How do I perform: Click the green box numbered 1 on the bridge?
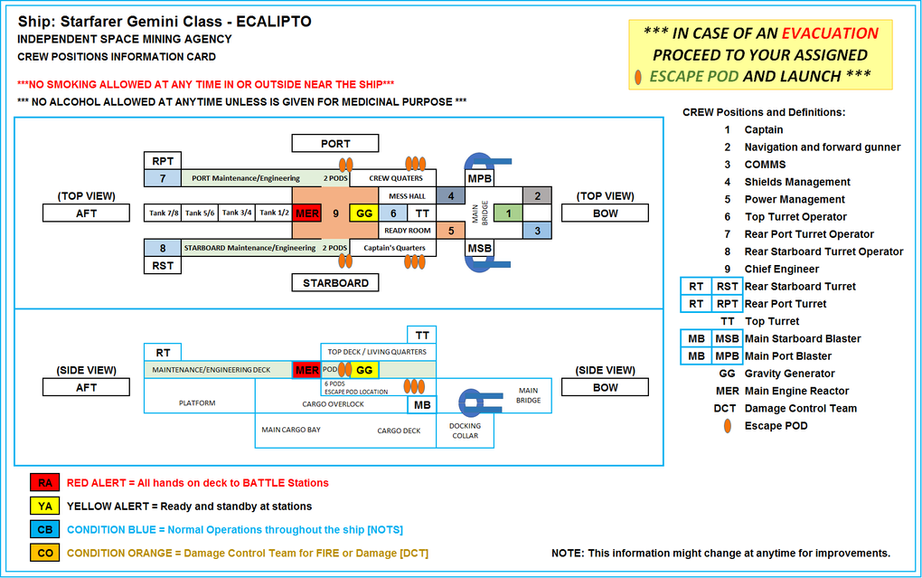[508, 213]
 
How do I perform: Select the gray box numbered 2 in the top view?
[537, 195]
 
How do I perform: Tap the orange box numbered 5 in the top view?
[450, 231]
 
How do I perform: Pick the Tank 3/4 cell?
[237, 213]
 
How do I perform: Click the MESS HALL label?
[406, 195]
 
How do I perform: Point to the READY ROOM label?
[406, 231]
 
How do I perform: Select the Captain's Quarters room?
[392, 248]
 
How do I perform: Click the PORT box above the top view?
[335, 144]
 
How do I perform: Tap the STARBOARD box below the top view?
[335, 283]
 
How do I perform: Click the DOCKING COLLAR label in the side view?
[466, 431]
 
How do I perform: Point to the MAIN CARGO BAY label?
[290, 430]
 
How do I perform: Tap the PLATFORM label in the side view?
[197, 403]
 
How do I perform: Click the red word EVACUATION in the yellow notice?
[830, 33]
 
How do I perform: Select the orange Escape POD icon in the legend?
[727, 426]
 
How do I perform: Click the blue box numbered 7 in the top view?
[163, 178]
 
